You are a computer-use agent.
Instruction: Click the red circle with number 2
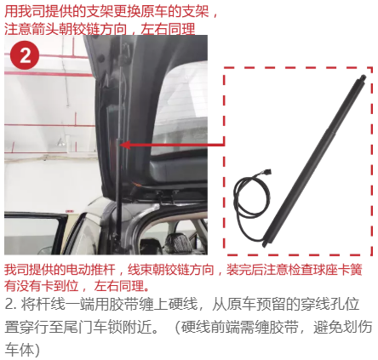(x=25, y=55)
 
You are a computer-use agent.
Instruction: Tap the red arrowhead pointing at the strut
(x=125, y=145)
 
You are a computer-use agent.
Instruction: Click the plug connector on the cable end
(x=267, y=172)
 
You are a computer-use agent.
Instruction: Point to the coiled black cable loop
(x=251, y=197)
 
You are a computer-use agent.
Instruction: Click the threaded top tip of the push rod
(x=363, y=77)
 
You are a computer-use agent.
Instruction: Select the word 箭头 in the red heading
(x=45, y=29)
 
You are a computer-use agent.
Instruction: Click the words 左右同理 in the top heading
(x=168, y=29)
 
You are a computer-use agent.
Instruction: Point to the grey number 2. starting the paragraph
(x=11, y=305)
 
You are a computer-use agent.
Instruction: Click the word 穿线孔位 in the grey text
(x=331, y=305)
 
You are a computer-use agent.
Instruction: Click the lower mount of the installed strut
(x=116, y=237)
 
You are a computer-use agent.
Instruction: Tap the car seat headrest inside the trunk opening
(x=176, y=243)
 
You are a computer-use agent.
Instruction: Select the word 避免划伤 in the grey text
(x=343, y=328)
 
